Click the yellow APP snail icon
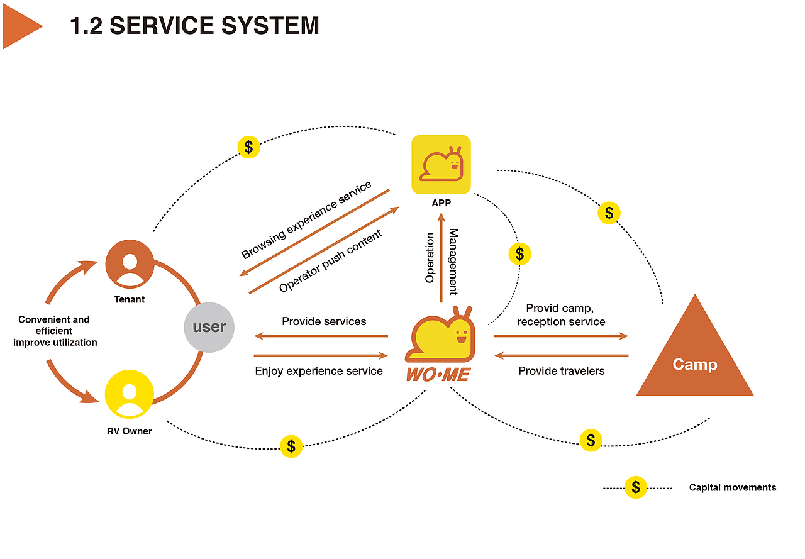[x=441, y=165]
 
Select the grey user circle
[x=209, y=327]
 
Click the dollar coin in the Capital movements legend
[x=636, y=487]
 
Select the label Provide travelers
[x=561, y=371]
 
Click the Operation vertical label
[x=430, y=258]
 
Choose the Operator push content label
[x=331, y=262]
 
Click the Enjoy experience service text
[x=319, y=371]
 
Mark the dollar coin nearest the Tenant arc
[x=249, y=147]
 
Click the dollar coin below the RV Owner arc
[x=291, y=446]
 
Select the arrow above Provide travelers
[x=561, y=356]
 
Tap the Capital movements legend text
[x=733, y=487]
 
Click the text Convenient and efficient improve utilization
[x=55, y=331]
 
